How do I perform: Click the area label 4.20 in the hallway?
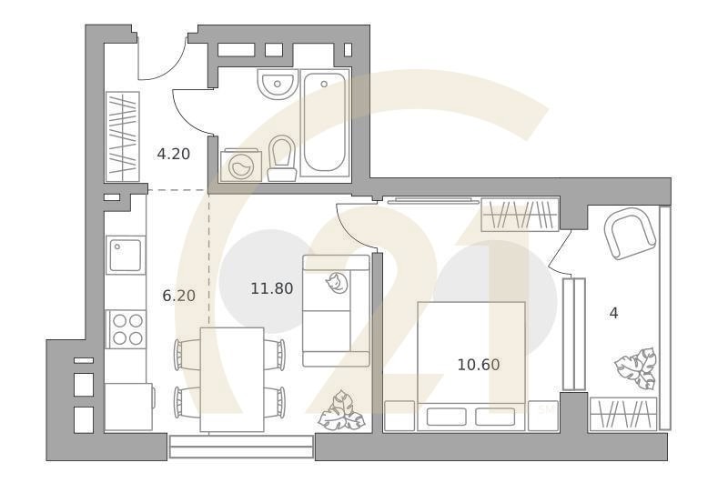click(x=173, y=154)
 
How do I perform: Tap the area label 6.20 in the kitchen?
click(x=178, y=295)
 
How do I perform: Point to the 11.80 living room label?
click(x=271, y=289)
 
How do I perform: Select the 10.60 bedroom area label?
click(x=479, y=365)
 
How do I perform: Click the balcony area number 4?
click(x=613, y=313)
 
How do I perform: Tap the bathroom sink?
click(x=275, y=85)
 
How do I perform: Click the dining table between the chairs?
click(x=231, y=377)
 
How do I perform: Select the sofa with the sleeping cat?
click(x=336, y=310)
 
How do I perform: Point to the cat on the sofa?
click(x=339, y=284)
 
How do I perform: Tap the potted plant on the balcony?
click(x=635, y=368)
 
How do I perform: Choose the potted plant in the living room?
click(x=341, y=410)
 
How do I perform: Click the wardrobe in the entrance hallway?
click(x=123, y=136)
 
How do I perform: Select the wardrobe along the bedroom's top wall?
click(x=518, y=216)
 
